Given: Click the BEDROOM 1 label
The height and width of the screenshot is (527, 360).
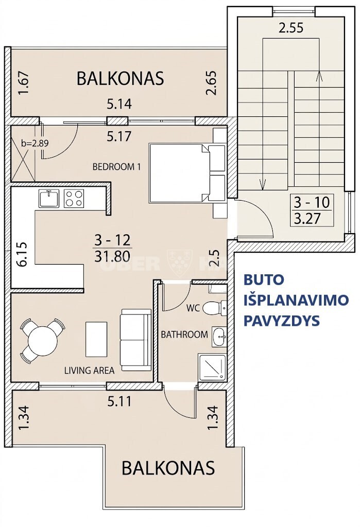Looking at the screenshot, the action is (x=116, y=167).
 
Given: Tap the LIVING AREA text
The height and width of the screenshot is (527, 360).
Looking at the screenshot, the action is (x=89, y=371).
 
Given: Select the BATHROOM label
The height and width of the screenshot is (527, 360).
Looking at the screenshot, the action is (x=184, y=335).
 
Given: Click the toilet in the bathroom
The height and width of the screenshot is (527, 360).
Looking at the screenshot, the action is (x=215, y=307).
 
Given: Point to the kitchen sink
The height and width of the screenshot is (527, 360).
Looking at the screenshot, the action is (x=49, y=199).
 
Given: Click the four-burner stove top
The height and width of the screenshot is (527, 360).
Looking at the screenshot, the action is (x=74, y=199).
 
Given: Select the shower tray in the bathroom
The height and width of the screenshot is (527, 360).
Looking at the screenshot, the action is (x=212, y=367).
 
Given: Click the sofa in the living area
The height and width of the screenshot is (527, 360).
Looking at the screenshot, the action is (x=135, y=340).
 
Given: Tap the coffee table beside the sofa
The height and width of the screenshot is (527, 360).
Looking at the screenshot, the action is (x=96, y=339).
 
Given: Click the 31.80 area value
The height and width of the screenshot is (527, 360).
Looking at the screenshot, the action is (x=112, y=256).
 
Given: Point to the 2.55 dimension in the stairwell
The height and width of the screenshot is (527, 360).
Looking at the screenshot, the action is (x=291, y=28).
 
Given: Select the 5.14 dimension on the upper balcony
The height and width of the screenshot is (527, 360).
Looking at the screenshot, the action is (x=119, y=104).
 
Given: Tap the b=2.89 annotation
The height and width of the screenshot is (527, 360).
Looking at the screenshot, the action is (x=35, y=144).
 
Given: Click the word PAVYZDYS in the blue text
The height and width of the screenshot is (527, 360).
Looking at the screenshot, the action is (x=281, y=321).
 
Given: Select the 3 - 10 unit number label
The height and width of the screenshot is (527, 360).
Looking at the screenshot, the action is (x=312, y=202).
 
